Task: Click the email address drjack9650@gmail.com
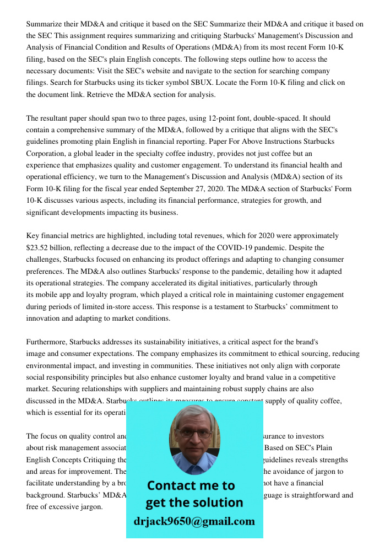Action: (194, 521)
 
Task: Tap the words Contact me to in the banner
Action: (191, 485)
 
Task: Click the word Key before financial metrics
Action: (34, 236)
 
